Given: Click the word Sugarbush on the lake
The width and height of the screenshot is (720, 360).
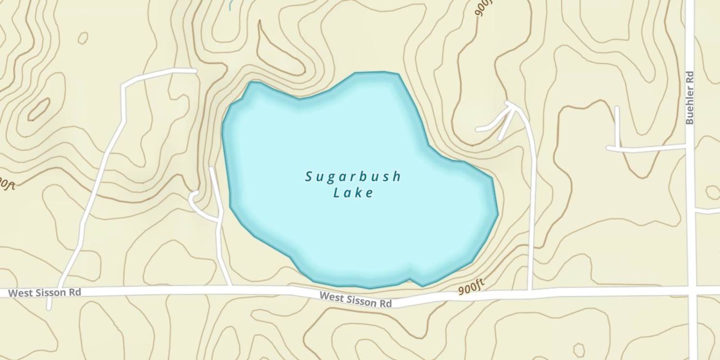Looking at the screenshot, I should point(353,177).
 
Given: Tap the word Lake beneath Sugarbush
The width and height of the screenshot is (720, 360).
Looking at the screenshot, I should point(353,193).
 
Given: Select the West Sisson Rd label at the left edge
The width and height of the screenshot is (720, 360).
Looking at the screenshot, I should point(45,292).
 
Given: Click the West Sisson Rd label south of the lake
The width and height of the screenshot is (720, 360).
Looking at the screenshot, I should point(356,300).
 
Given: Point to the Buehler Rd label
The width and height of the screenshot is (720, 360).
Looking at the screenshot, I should point(690,98).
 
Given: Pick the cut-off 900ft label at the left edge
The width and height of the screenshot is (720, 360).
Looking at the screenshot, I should point(7,183).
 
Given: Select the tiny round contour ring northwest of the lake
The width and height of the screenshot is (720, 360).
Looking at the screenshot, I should point(83,37).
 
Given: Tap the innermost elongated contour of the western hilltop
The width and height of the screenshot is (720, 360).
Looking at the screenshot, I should point(39,109).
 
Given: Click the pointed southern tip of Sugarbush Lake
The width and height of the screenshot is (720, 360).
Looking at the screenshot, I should point(422,286).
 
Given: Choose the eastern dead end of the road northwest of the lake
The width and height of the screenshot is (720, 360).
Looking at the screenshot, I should point(194,71).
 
